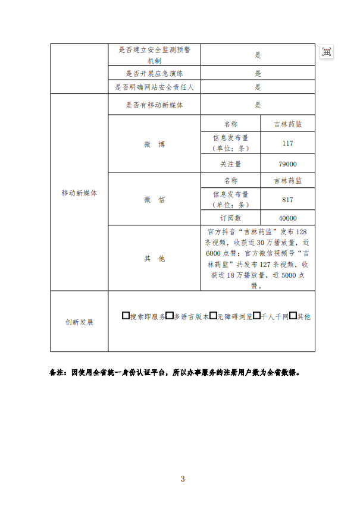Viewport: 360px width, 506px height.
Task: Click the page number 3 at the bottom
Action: tap(183, 479)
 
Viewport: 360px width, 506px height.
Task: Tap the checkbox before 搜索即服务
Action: tap(126, 316)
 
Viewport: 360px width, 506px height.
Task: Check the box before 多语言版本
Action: tap(170, 316)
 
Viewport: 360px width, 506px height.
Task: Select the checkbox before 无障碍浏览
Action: tap(213, 316)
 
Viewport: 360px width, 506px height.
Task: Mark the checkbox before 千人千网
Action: tap(256, 316)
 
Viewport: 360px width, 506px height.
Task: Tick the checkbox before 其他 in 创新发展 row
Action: tap(293, 316)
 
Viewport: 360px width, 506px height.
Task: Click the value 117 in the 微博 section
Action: tap(288, 143)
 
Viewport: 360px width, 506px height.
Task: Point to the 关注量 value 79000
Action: tap(288, 164)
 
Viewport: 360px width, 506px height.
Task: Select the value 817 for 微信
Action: tap(288, 200)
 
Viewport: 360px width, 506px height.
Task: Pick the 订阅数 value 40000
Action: tap(288, 218)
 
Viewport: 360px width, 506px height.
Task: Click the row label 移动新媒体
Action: tap(79, 193)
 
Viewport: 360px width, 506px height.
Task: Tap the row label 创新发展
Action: tap(79, 322)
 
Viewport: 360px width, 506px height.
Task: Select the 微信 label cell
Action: tap(154, 200)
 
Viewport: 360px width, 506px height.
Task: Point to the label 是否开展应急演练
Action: tap(155, 74)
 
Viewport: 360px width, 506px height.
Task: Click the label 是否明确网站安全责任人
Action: tap(155, 87)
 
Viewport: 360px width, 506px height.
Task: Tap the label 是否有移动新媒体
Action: tap(155, 105)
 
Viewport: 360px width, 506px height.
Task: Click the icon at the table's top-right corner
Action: tap(326, 52)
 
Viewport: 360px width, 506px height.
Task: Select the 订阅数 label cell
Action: tap(231, 218)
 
